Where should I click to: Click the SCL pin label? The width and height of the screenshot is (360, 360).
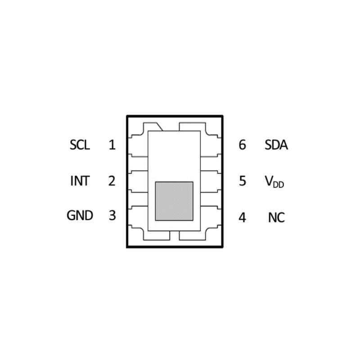[80, 145]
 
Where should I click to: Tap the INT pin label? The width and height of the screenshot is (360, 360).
[80, 181]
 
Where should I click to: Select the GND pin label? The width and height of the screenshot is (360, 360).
[80, 216]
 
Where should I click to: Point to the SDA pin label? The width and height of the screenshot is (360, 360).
[276, 145]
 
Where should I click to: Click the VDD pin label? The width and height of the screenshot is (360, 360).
[274, 182]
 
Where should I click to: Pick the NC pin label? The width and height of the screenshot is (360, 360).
[276, 217]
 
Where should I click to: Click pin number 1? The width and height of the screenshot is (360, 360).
[112, 145]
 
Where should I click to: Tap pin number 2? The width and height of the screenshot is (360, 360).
[112, 181]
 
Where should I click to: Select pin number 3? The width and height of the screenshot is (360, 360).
[112, 216]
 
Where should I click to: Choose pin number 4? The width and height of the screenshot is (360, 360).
[242, 217]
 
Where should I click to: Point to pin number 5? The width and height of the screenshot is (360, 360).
[243, 181]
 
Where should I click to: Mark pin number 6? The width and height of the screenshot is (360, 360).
[243, 145]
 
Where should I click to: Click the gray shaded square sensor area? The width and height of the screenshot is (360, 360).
[174, 201]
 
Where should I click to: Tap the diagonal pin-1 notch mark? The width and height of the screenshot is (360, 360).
[160, 127]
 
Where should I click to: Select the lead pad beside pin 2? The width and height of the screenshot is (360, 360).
[138, 181]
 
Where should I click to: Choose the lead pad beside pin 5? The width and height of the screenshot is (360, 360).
[211, 181]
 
